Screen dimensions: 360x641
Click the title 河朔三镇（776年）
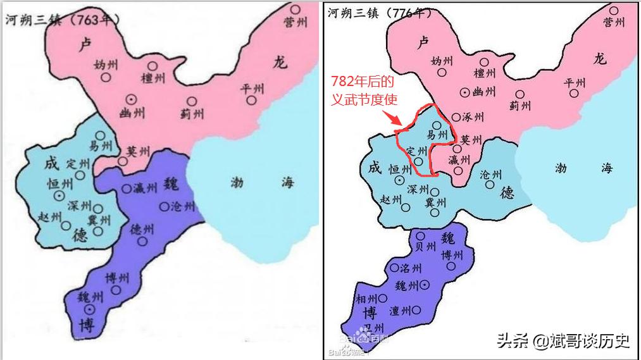(x=380, y=13)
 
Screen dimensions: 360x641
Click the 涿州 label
(x=473, y=118)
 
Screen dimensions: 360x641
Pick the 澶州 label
(x=401, y=311)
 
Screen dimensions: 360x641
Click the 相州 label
(x=368, y=299)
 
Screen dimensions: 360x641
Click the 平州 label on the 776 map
(x=575, y=83)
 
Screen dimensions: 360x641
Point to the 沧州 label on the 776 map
(x=491, y=175)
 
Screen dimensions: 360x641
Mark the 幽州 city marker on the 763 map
(x=131, y=98)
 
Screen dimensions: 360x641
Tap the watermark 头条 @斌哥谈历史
(x=563, y=341)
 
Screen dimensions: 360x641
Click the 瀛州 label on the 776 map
(x=459, y=159)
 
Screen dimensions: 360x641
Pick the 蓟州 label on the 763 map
(x=192, y=113)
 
